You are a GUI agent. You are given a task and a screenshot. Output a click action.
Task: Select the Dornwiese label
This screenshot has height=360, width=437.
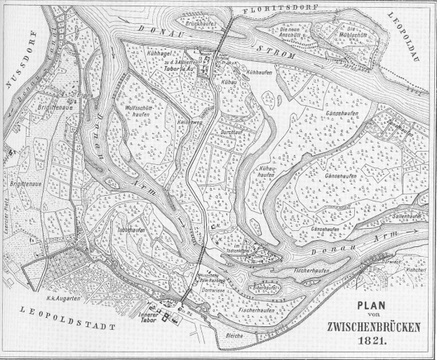point(210,289)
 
